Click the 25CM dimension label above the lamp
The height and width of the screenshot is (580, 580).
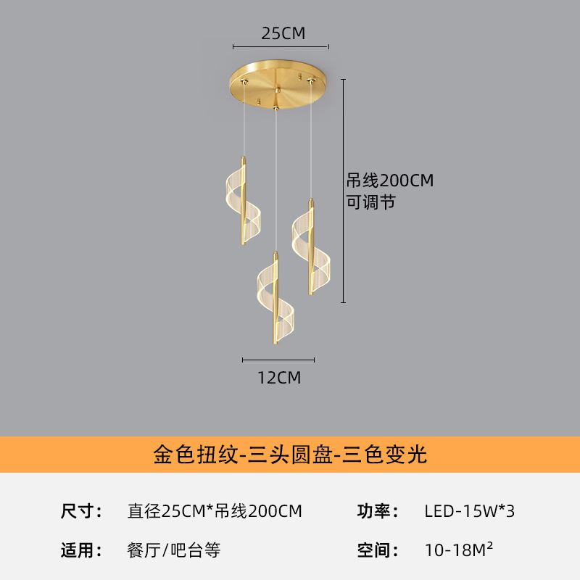coord(283,33)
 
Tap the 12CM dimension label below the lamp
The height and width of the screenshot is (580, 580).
coord(279,378)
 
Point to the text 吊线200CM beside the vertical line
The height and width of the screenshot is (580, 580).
coord(390,181)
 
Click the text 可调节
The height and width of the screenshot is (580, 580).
coord(371,202)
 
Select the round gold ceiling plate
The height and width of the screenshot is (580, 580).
coord(278,84)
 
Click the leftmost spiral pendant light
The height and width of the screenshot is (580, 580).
coord(243,201)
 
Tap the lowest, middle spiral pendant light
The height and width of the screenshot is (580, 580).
coord(275,298)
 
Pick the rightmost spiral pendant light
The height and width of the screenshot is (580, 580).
coord(311,247)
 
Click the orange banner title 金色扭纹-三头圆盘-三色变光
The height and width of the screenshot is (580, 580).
coord(290,455)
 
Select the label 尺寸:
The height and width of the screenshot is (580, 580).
coord(81,511)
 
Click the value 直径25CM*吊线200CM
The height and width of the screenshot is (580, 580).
coord(215,511)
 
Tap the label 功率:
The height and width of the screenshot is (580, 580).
coord(378,511)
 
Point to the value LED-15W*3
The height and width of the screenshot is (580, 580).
coord(469,511)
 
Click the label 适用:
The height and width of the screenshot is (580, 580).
coord(81,550)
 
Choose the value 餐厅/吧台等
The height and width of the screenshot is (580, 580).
coord(174,550)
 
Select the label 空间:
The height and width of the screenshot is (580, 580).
coord(378,550)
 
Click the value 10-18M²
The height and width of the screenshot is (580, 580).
coord(459,550)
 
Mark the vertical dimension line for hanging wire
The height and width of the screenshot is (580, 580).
coord(343,191)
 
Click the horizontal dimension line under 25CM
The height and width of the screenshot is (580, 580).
coord(281,47)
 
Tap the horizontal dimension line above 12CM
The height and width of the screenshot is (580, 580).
coord(278,360)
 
